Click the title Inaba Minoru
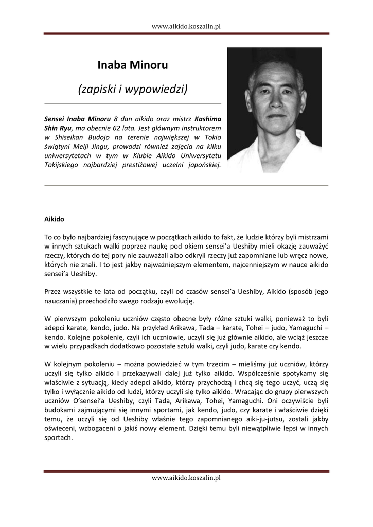coord(133,65)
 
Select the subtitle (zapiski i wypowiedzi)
coord(133,89)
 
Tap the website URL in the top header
coord(186,26)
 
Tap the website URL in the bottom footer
coord(186,478)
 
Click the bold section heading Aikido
coord(54,219)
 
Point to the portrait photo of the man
coord(274,110)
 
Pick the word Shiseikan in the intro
coord(71,137)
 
